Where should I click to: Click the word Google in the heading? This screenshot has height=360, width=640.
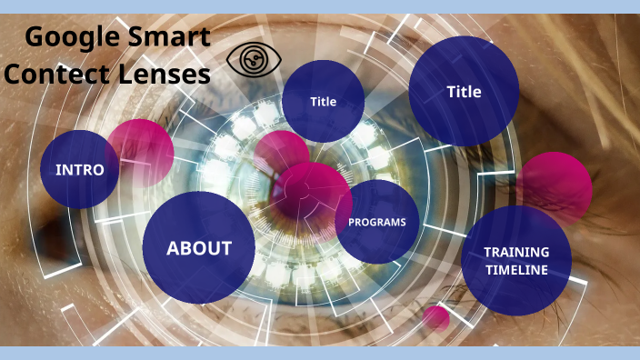(69, 37)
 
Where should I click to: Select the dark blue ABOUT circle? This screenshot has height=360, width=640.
(199, 248)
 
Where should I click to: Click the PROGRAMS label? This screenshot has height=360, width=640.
(377, 222)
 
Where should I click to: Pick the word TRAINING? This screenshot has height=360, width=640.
(516, 252)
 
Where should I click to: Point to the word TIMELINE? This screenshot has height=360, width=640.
(516, 270)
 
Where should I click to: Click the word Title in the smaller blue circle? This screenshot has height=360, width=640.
(323, 102)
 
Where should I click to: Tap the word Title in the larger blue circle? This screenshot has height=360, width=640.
(464, 92)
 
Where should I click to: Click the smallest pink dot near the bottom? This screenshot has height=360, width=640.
(436, 317)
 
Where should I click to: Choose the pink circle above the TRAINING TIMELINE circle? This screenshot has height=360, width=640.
(556, 186)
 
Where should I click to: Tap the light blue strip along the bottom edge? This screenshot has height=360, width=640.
(320, 353)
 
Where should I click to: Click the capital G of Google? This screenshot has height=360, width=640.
(36, 37)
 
